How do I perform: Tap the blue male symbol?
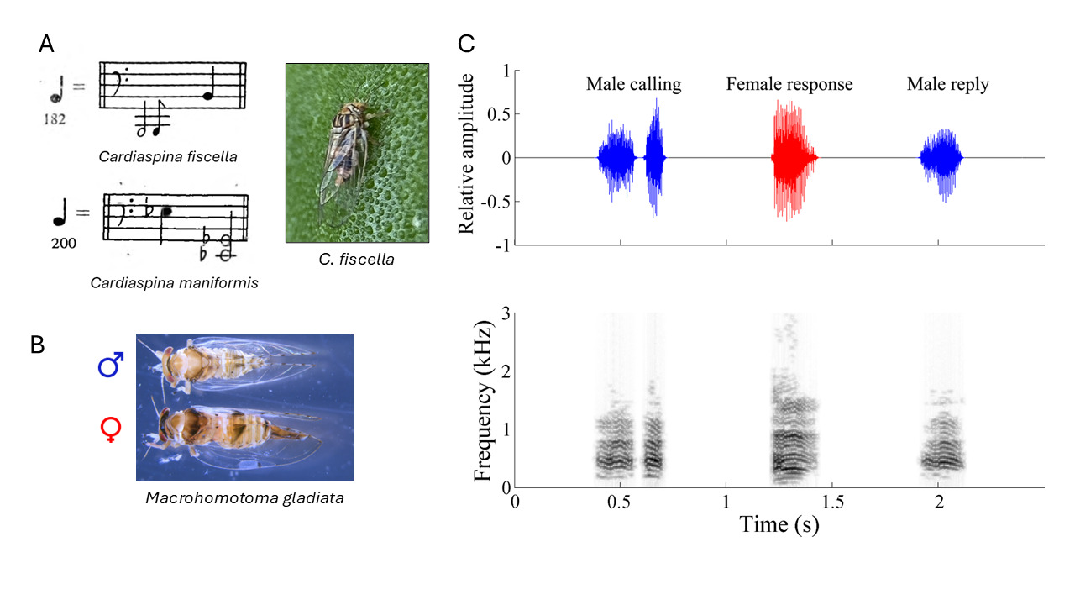coord(111,366)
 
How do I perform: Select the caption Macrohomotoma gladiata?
coord(244,497)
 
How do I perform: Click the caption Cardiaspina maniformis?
coord(174,282)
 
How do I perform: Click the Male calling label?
coord(633,84)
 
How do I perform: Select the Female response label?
coord(789,84)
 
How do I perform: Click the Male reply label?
coord(947,84)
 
